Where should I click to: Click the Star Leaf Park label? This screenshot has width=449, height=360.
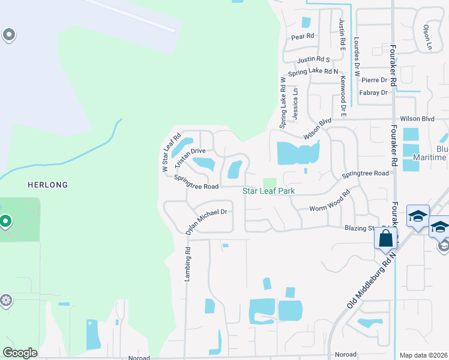point(272,191)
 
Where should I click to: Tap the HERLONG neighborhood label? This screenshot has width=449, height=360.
point(47,185)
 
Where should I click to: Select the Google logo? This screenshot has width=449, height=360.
point(20,353)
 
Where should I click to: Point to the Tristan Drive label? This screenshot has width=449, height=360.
point(190,158)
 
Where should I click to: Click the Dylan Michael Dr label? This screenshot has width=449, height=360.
point(206,220)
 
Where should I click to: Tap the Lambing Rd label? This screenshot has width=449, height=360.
point(187,264)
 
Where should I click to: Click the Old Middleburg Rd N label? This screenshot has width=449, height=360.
point(371,281)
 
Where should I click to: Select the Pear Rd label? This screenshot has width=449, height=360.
point(303,37)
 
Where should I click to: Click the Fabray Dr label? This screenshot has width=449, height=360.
point(373,92)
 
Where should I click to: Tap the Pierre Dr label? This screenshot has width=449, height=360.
point(375,80)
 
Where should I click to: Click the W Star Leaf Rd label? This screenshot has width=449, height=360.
point(171,154)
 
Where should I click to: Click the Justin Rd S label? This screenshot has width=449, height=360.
point(314,59)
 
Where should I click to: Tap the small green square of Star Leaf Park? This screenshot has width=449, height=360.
point(270,182)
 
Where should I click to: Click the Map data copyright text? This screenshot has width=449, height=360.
point(423,355)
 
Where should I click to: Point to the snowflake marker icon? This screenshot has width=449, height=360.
point(6,299)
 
